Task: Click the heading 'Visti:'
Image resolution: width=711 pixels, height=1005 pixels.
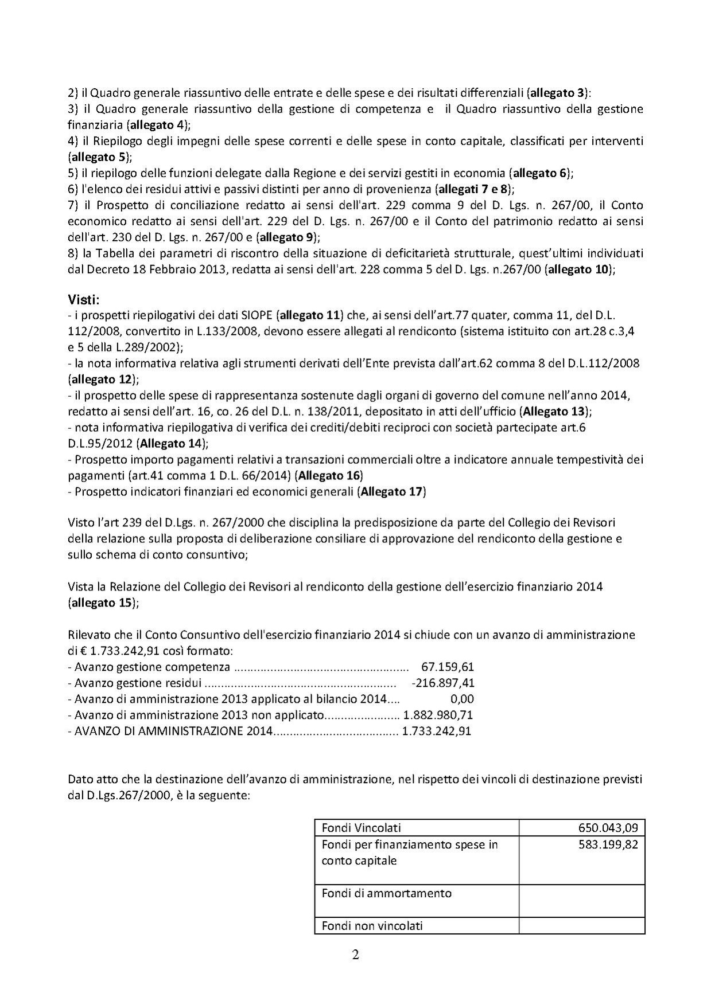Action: coord(84,299)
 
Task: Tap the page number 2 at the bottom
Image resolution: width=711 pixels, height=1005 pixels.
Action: coord(355,955)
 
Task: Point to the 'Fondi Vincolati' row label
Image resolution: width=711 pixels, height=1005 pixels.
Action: coord(362,828)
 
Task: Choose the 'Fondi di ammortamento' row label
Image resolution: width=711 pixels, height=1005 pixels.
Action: coord(387,893)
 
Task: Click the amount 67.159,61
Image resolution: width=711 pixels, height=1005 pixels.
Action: coord(448,667)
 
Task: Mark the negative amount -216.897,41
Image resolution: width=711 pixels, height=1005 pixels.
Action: coord(443,683)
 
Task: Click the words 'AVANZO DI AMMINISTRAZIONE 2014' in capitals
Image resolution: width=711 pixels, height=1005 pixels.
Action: coord(172,731)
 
